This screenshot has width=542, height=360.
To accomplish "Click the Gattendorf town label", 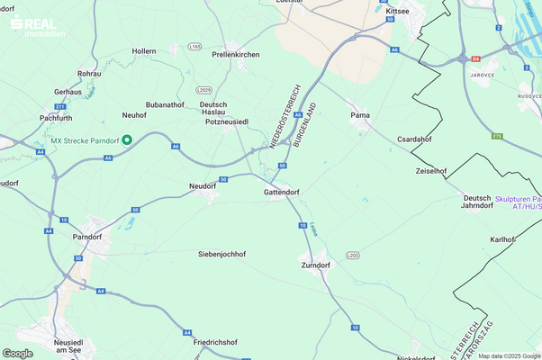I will point(281,193).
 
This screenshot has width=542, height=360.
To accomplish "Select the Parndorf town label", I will point(89,238).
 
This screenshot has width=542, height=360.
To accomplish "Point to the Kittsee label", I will point(397,11).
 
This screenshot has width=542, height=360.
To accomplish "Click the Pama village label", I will point(360,115).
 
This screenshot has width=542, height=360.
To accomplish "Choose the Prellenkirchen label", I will point(236,55).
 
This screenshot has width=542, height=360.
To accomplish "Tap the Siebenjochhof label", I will point(221,255).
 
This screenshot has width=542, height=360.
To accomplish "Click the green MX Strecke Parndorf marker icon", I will point(127,139).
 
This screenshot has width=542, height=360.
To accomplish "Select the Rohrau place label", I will point(89,73).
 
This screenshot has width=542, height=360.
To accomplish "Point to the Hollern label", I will point(144,52).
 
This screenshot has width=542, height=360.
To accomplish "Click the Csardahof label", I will point(416,139).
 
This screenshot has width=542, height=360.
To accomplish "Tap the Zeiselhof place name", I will point(431,170).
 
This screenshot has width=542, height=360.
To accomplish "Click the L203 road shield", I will point(352,255).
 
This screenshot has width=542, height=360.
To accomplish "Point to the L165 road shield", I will point(195,46).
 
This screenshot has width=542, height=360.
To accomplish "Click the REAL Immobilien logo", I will point(36,26).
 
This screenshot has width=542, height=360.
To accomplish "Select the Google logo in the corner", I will point(18,353).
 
